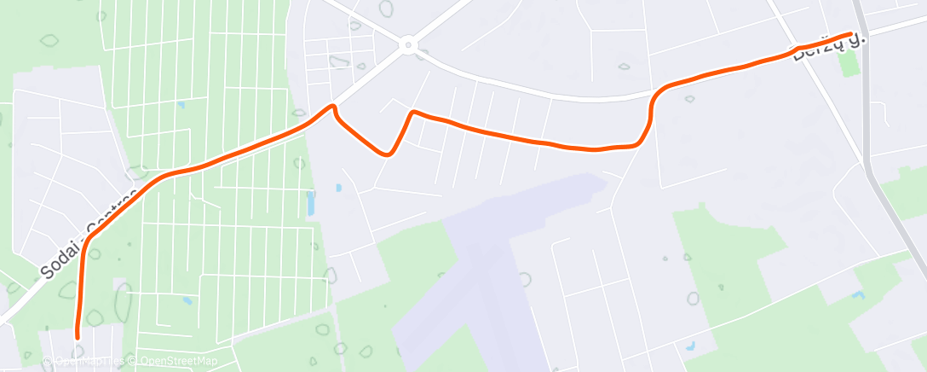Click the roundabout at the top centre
[408, 44]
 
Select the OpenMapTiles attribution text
[89, 362]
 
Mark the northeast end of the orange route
[851, 34]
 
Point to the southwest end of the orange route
[78, 335]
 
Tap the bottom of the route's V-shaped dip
[388, 154]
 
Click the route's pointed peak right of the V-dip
[413, 112]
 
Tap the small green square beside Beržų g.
[849, 66]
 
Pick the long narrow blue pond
[309, 203]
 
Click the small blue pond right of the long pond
[338, 187]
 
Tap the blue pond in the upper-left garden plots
[181, 105]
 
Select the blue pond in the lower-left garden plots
[187, 300]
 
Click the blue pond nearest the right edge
[858, 295]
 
